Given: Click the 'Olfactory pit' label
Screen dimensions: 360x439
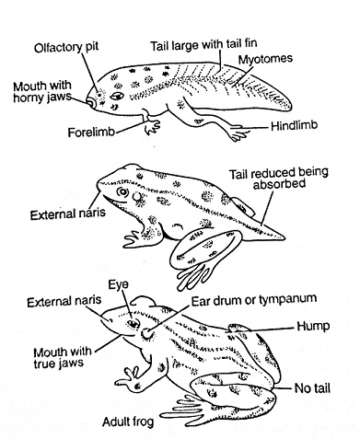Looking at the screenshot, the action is click(66, 47).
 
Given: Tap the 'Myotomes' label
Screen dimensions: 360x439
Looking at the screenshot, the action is click(265, 59).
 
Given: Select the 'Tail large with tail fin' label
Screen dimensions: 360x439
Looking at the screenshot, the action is click(203, 45).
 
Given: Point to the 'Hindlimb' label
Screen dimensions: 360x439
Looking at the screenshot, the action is click(294, 126).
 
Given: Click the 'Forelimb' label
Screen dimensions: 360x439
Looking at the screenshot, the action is click(91, 133).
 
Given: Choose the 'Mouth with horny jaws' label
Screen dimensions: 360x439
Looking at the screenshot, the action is click(42, 91).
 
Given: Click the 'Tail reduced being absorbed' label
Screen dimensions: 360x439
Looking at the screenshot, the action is click(279, 178).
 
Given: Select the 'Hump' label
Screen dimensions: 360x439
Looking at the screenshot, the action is click(313, 326).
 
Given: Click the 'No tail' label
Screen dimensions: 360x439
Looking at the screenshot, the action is click(312, 388).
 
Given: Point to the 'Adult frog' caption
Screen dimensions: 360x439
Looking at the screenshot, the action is click(128, 422).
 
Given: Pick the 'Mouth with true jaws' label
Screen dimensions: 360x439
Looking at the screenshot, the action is click(63, 357).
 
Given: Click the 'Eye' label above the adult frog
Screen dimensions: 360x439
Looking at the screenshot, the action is click(118, 284).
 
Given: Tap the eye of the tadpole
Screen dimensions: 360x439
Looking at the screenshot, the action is click(117, 96).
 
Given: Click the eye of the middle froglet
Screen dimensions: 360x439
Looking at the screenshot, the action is click(122, 192).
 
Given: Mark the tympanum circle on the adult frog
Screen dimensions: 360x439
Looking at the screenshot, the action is click(146, 333).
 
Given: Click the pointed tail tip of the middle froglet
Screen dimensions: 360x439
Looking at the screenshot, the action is click(285, 237).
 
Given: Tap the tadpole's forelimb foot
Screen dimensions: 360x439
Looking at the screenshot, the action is click(153, 127).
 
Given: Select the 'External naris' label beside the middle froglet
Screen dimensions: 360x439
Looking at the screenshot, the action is click(67, 214).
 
